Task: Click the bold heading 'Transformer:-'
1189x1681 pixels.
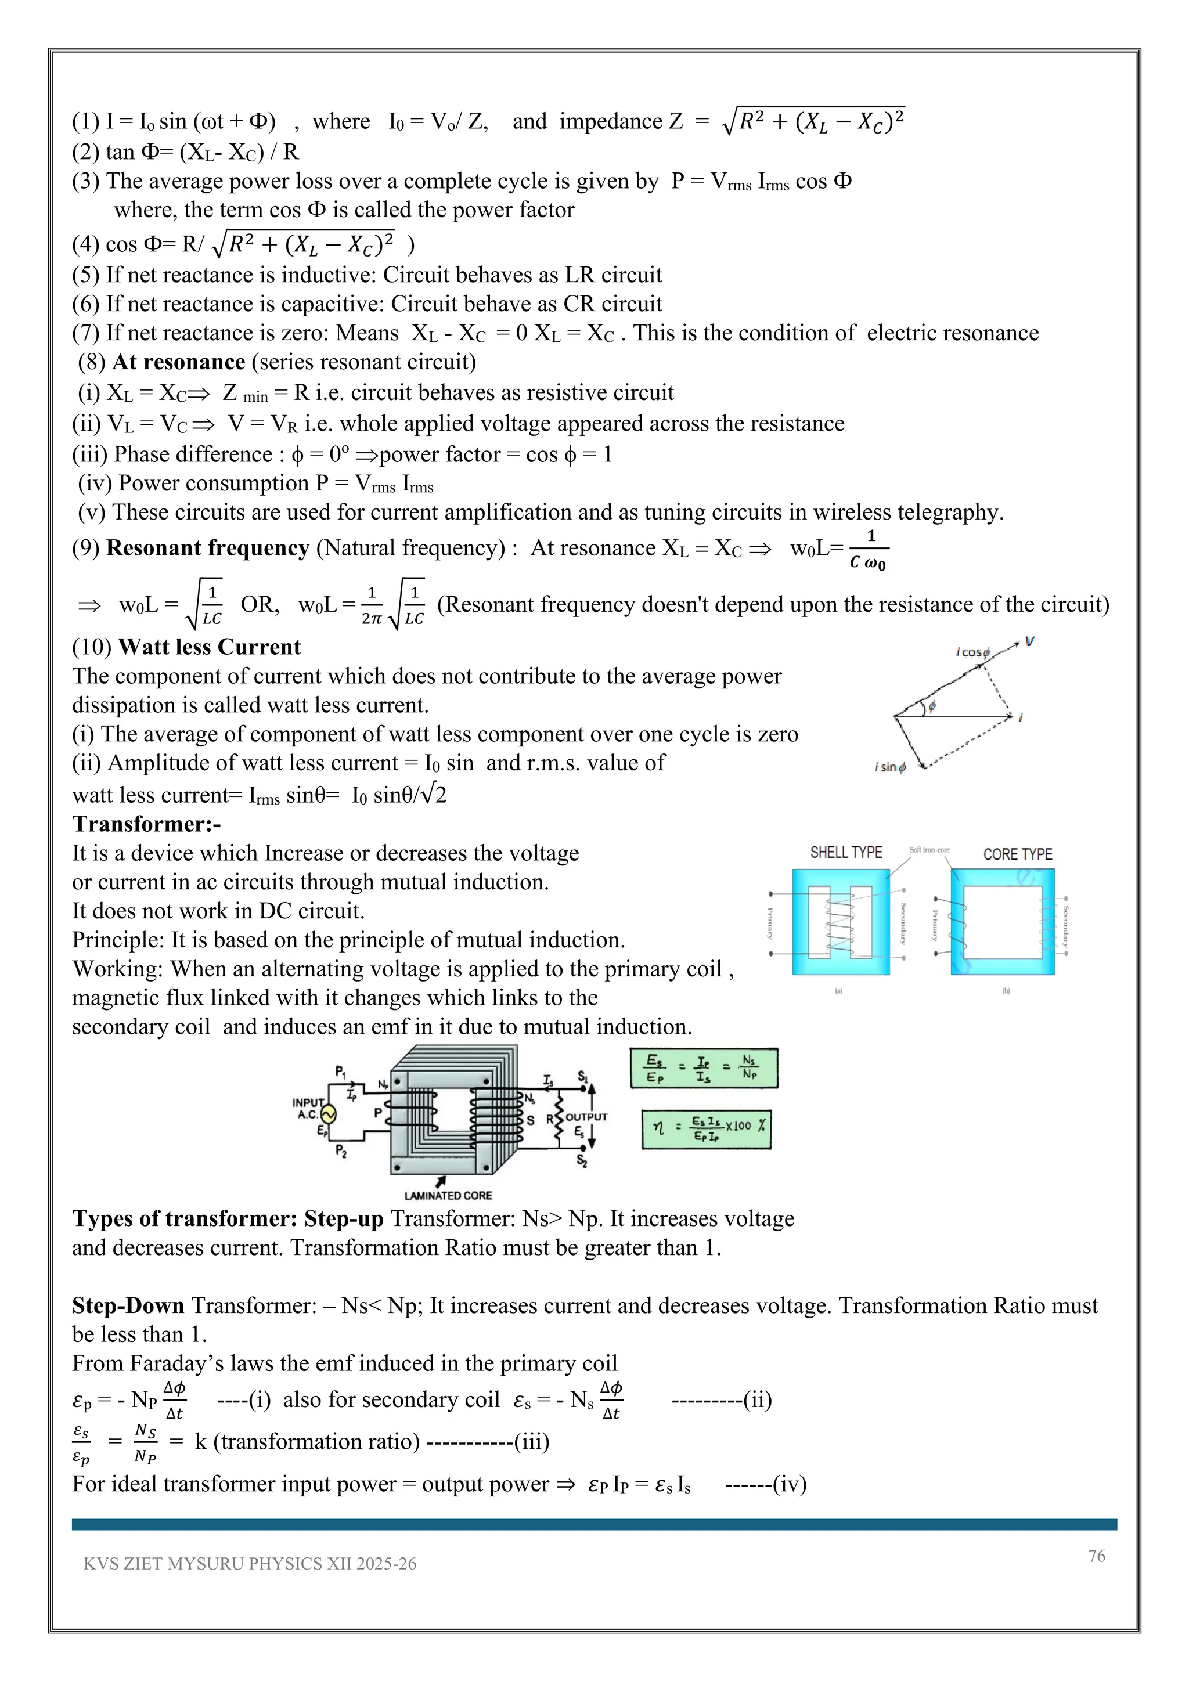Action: click(146, 824)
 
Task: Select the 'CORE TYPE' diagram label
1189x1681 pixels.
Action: click(1017, 854)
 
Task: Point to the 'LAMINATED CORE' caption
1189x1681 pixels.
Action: click(448, 1196)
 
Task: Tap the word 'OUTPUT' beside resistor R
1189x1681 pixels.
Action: click(586, 1117)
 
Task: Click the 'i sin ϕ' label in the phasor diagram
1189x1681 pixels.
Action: click(890, 767)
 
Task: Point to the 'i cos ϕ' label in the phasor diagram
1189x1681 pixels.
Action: click(973, 652)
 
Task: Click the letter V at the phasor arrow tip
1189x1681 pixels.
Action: click(1030, 642)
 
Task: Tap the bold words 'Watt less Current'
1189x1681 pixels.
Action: click(210, 647)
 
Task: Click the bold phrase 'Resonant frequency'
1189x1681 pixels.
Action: click(208, 549)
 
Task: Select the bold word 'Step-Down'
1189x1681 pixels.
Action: click(128, 1305)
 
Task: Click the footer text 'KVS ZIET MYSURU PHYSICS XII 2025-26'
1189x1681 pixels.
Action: click(250, 1564)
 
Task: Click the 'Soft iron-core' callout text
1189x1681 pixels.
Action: click(929, 850)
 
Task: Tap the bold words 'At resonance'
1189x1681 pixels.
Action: click(178, 362)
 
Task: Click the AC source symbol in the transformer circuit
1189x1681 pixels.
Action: click(326, 1115)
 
